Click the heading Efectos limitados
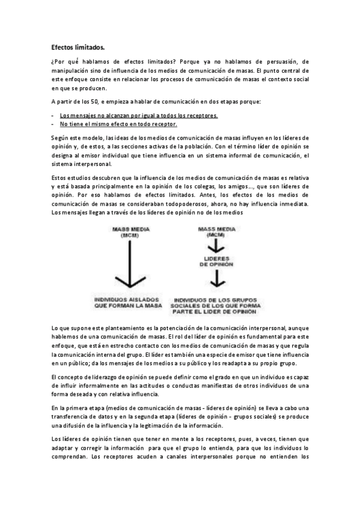pos(77,46)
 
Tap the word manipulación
pos(73,70)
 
